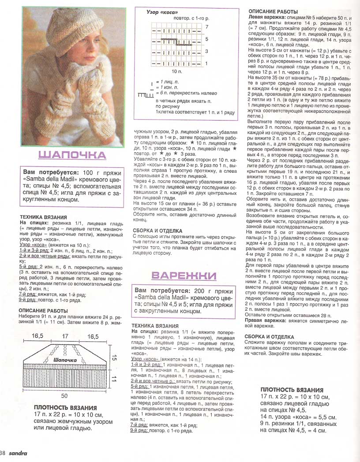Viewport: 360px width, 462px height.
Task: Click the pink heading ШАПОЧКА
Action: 72,155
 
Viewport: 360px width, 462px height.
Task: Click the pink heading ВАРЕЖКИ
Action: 184,276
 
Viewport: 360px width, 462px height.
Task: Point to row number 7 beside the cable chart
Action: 206,27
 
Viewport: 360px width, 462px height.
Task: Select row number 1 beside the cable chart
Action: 206,63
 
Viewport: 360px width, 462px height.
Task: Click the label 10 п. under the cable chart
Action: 176,71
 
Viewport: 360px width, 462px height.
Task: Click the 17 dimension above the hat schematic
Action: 65,337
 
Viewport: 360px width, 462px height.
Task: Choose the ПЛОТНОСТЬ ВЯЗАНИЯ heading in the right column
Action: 292,390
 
